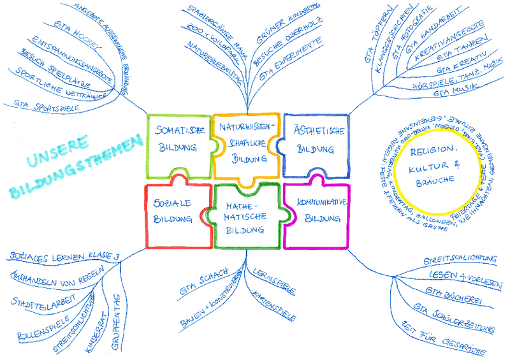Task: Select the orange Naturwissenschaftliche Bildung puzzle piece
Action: click(245, 145)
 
